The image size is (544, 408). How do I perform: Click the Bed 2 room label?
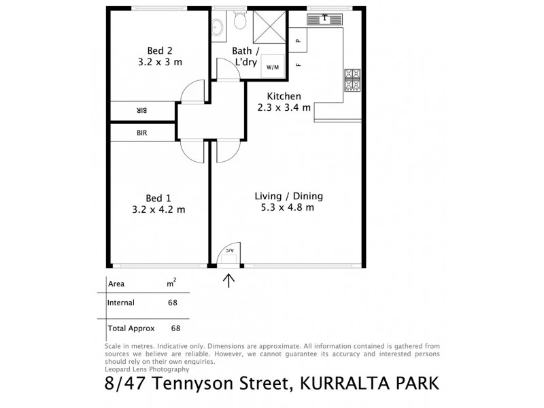(159, 50)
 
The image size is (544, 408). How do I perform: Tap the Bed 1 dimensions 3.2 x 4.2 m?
(159, 209)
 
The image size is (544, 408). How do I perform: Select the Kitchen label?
(284, 96)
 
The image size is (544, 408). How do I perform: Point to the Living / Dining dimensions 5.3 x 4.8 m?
(288, 208)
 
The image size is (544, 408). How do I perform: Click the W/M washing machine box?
(272, 67)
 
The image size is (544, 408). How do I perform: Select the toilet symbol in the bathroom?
(239, 22)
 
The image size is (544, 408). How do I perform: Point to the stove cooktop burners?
(353, 80)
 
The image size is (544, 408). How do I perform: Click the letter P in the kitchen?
(298, 41)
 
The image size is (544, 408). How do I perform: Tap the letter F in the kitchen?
(298, 65)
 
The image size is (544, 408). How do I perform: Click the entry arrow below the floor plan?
(228, 279)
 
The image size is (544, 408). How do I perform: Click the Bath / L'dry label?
(245, 56)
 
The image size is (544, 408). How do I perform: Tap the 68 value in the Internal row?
(173, 303)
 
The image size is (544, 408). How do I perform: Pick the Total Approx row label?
(131, 328)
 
